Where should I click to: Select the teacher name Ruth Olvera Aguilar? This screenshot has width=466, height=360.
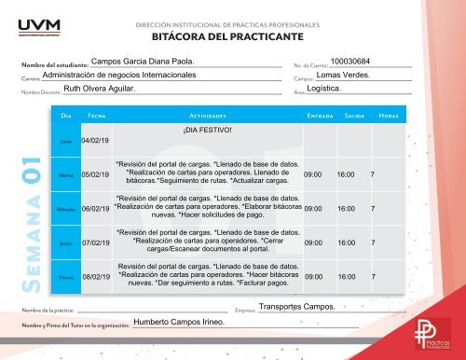pyautogui.click(x=99, y=90)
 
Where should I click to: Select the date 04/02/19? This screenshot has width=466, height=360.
pyautogui.click(x=96, y=140)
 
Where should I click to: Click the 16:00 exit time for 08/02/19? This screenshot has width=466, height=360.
pyautogui.click(x=346, y=277)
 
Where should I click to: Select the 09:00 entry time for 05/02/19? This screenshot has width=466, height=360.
pyautogui.click(x=313, y=174)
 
